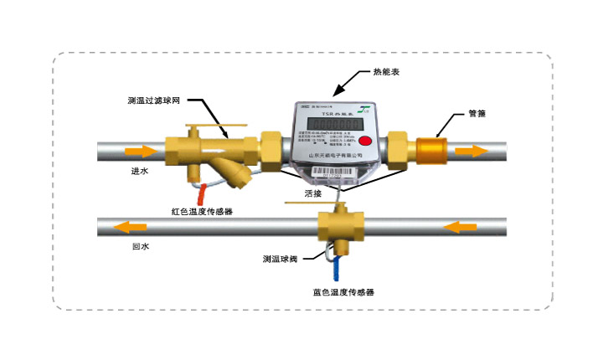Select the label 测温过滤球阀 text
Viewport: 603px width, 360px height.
coord(156,100)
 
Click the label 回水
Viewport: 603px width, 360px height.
coord(140,247)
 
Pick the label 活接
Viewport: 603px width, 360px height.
coord(314,194)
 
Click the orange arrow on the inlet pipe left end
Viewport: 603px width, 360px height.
coord(141,152)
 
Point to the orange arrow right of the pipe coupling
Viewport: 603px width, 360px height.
coord(472,152)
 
